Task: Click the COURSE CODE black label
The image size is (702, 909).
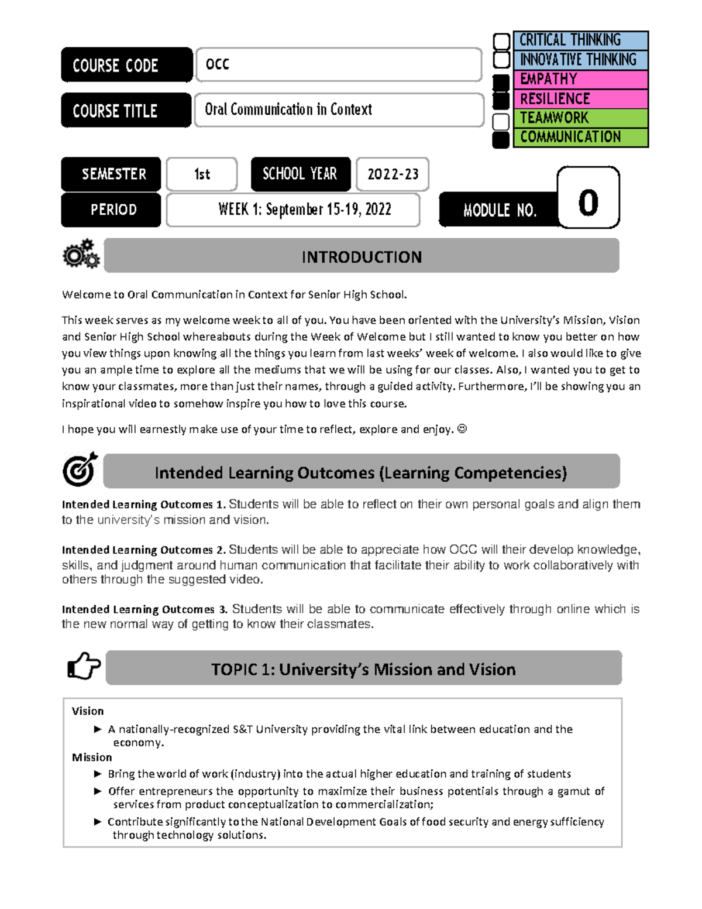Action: pyautogui.click(x=126, y=65)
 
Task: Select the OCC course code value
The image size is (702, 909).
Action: pyautogui.click(x=217, y=64)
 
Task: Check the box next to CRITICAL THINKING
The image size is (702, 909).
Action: pyautogui.click(x=501, y=42)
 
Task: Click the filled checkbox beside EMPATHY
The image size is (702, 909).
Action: pyautogui.click(x=501, y=82)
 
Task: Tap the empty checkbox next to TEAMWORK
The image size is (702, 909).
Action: pyautogui.click(x=501, y=121)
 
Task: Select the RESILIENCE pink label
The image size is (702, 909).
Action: pyautogui.click(x=580, y=98)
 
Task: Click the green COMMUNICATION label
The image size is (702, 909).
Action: pyautogui.click(x=580, y=137)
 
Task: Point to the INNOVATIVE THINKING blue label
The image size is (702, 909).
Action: pyautogui.click(x=580, y=60)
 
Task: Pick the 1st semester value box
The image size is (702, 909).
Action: pyautogui.click(x=202, y=174)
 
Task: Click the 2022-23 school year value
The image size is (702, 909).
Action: pyautogui.click(x=393, y=174)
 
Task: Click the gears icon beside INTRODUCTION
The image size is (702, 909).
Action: pyautogui.click(x=81, y=254)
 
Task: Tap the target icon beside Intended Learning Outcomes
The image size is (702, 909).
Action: pyautogui.click(x=80, y=469)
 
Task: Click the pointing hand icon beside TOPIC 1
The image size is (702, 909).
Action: pyautogui.click(x=83, y=666)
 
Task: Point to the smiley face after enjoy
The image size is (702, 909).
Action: pyautogui.click(x=462, y=429)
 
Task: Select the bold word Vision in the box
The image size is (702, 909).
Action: pyautogui.click(x=88, y=711)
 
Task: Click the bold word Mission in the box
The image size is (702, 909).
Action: pyautogui.click(x=92, y=757)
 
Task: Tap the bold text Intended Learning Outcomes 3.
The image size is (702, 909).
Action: pyautogui.click(x=144, y=609)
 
